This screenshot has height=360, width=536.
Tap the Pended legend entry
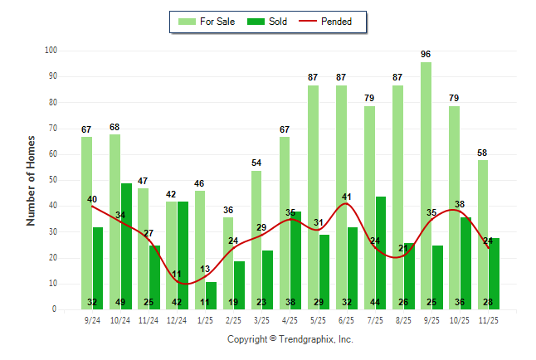pyautogui.click(x=332, y=22)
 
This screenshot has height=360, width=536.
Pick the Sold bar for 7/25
pyautogui.click(x=381, y=249)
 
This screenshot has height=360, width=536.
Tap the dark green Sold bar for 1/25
pyautogui.click(x=211, y=290)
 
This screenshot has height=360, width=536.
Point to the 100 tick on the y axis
pyautogui.click(x=51, y=51)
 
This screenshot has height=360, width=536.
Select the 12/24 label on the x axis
pyautogui.click(x=177, y=319)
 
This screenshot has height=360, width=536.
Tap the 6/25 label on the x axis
pyautogui.click(x=347, y=319)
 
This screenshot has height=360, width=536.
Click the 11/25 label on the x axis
pyautogui.click(x=489, y=319)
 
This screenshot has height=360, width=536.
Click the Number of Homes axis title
pyautogui.click(x=31, y=180)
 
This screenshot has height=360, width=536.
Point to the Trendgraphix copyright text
pyautogui.click(x=290, y=339)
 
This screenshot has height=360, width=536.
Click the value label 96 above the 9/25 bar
pyautogui.click(x=426, y=55)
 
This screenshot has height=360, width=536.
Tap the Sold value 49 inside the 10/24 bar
pyautogui.click(x=126, y=302)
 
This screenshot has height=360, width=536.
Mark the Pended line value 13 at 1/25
pyautogui.click(x=205, y=269)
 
